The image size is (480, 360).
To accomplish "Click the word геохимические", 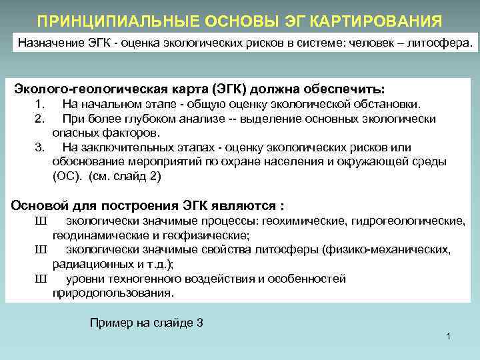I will click(x=295, y=221).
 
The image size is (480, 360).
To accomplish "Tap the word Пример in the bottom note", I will click(x=109, y=323).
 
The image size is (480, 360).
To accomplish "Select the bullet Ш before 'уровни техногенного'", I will click(x=41, y=279).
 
